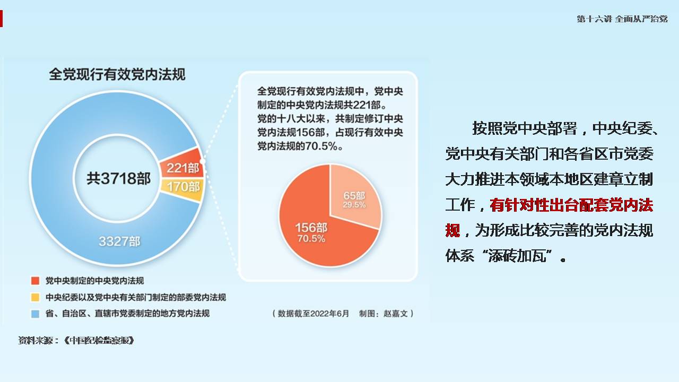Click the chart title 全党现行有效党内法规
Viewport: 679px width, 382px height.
117,74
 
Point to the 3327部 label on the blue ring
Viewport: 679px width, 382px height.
119,241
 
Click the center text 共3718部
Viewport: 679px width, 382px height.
118,178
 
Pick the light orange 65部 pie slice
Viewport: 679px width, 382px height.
355,197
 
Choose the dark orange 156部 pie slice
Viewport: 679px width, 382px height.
315,230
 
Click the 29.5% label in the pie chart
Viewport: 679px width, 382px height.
354,205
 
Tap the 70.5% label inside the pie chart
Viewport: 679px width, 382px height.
311,239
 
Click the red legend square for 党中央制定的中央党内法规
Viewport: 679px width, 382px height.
35,281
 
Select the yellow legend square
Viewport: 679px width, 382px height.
35,297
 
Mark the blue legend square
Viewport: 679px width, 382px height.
35,314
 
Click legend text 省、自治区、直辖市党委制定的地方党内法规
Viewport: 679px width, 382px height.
127,313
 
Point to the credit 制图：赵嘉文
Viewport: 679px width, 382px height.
384,314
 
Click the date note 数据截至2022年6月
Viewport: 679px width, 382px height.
314,314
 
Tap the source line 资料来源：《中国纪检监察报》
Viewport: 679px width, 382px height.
76,341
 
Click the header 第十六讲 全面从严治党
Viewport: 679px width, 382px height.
622,19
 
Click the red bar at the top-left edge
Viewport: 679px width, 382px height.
1,18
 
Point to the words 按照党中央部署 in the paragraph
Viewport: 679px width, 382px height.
525,128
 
